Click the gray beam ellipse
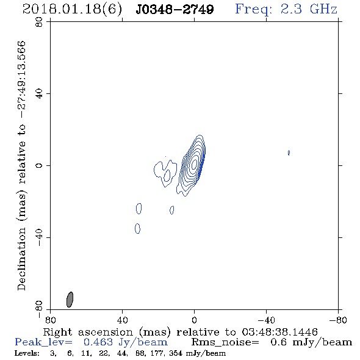click(x=70, y=300)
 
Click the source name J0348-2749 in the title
click(x=175, y=9)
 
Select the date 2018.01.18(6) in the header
click(x=72, y=10)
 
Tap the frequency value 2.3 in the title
click(x=291, y=9)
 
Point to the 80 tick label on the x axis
click(x=50, y=320)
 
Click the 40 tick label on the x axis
click(x=122, y=320)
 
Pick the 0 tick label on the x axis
click(x=194, y=320)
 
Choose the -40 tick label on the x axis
click(x=266, y=320)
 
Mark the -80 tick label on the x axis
click(x=338, y=320)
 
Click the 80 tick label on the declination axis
click(x=39, y=22)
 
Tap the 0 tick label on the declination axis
click(x=39, y=165)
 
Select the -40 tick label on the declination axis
click(x=39, y=237)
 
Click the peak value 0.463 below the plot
click(x=98, y=342)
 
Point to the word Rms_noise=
click(x=225, y=342)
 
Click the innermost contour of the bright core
click(x=194, y=164)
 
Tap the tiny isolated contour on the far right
click(x=289, y=153)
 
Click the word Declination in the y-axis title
click(x=21, y=259)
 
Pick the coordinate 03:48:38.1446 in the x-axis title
click(x=279, y=332)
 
